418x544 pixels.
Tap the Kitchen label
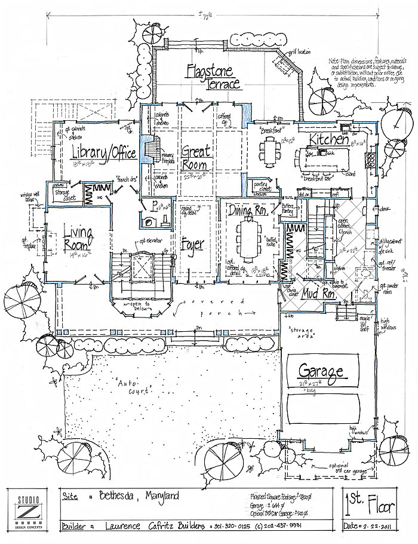(x=328, y=140)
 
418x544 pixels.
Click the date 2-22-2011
(x=376, y=525)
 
